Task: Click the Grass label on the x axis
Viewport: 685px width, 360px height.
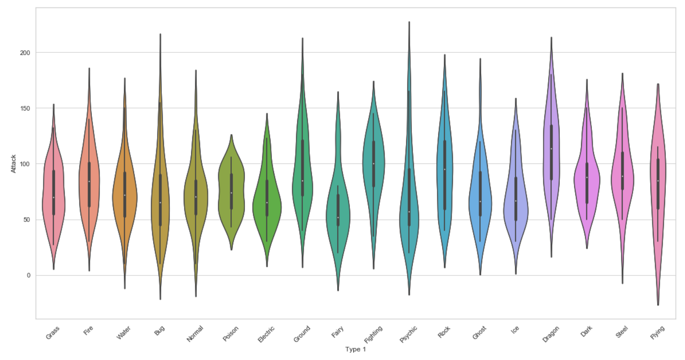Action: coord(52,333)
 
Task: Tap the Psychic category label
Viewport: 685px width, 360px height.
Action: coord(408,334)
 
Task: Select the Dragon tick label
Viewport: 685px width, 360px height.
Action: coord(551,334)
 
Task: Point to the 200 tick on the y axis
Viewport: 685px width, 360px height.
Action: coord(25,53)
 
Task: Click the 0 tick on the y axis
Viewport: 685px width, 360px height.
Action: coord(29,275)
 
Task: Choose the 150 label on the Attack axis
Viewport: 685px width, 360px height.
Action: coord(25,108)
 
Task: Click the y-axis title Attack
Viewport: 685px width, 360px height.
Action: coord(14,164)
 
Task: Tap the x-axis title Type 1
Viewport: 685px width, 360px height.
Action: coord(355,349)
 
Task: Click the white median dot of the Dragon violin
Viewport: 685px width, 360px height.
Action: coord(551,149)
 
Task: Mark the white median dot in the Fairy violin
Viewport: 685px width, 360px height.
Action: coord(338,217)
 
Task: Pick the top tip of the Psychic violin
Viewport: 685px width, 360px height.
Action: coord(409,22)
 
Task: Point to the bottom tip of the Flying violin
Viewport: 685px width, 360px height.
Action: coord(658,304)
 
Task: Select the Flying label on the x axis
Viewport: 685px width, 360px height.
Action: coord(657,333)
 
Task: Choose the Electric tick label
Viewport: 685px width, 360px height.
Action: coord(266,334)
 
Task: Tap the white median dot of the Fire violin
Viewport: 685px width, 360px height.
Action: coord(89,181)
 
